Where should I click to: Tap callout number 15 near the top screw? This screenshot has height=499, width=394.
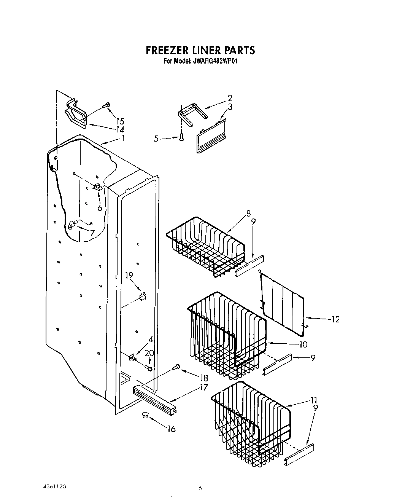[120, 121]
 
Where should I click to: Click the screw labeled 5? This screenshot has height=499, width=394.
[182, 137]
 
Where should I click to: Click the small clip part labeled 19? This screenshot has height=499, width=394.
[143, 295]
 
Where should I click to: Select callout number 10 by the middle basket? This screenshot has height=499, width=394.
[303, 344]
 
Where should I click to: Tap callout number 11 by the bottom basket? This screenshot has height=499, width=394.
[314, 400]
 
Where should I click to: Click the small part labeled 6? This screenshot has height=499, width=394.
[98, 187]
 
